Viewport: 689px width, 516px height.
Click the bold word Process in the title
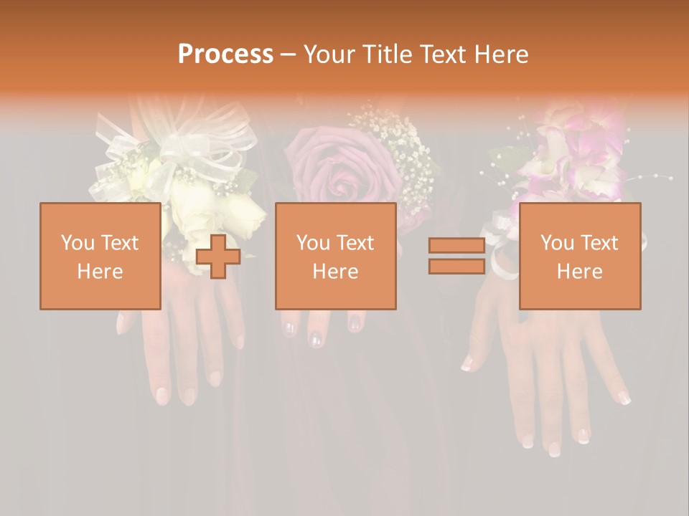tap(225, 54)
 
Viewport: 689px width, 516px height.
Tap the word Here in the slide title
tap(502, 54)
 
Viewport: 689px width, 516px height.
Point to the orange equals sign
tap(456, 256)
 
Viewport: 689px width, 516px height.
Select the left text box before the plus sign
tap(100, 256)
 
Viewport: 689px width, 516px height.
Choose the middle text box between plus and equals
tap(335, 256)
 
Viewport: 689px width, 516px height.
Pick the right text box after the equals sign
tap(580, 256)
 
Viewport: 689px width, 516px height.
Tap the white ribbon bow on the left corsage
tap(179, 147)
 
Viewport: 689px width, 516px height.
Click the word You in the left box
tap(76, 243)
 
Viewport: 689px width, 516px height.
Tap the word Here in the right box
tap(580, 272)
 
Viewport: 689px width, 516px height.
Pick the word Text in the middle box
tap(356, 243)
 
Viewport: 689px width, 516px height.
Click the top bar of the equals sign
tap(456, 246)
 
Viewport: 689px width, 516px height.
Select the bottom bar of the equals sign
tap(456, 267)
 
